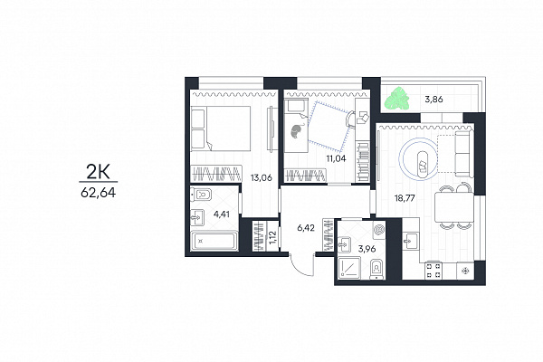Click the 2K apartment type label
click(x=98, y=171)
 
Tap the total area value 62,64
click(x=99, y=193)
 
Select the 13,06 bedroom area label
click(x=262, y=177)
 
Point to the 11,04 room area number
click(x=336, y=158)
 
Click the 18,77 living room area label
click(x=405, y=198)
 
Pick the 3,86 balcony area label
click(x=433, y=100)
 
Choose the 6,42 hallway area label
click(x=306, y=228)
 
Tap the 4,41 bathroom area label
click(x=222, y=214)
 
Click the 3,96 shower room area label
click(x=367, y=249)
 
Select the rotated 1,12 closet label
click(x=273, y=237)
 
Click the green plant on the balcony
click(x=397, y=99)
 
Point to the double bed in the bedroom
click(x=221, y=129)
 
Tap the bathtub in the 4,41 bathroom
click(x=214, y=240)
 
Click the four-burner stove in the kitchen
click(x=433, y=271)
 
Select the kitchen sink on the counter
click(x=411, y=240)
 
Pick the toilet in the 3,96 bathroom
click(x=377, y=270)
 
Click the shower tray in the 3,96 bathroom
click(x=348, y=268)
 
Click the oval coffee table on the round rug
click(x=423, y=165)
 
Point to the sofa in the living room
click(x=463, y=154)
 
